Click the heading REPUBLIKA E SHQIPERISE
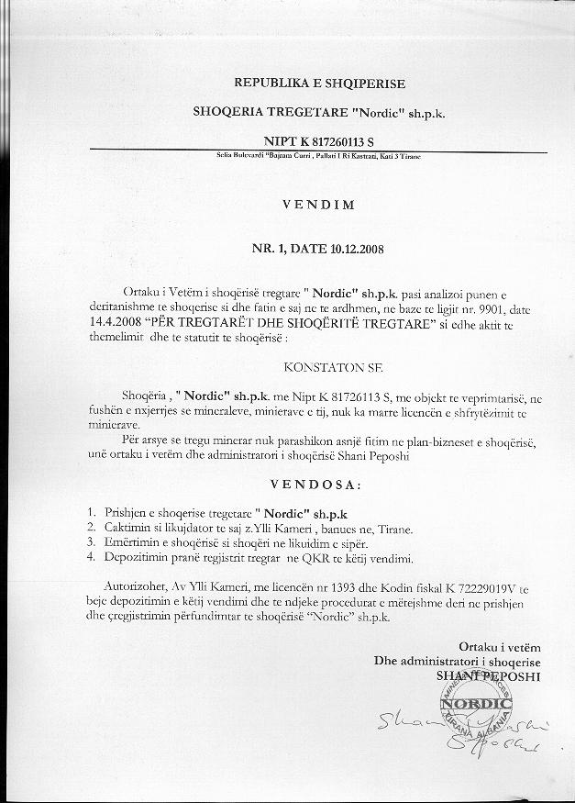coord(319,83)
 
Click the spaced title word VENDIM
coord(319,205)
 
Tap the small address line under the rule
coord(318,157)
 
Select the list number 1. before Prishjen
coord(91,510)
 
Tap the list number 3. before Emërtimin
coord(91,543)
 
